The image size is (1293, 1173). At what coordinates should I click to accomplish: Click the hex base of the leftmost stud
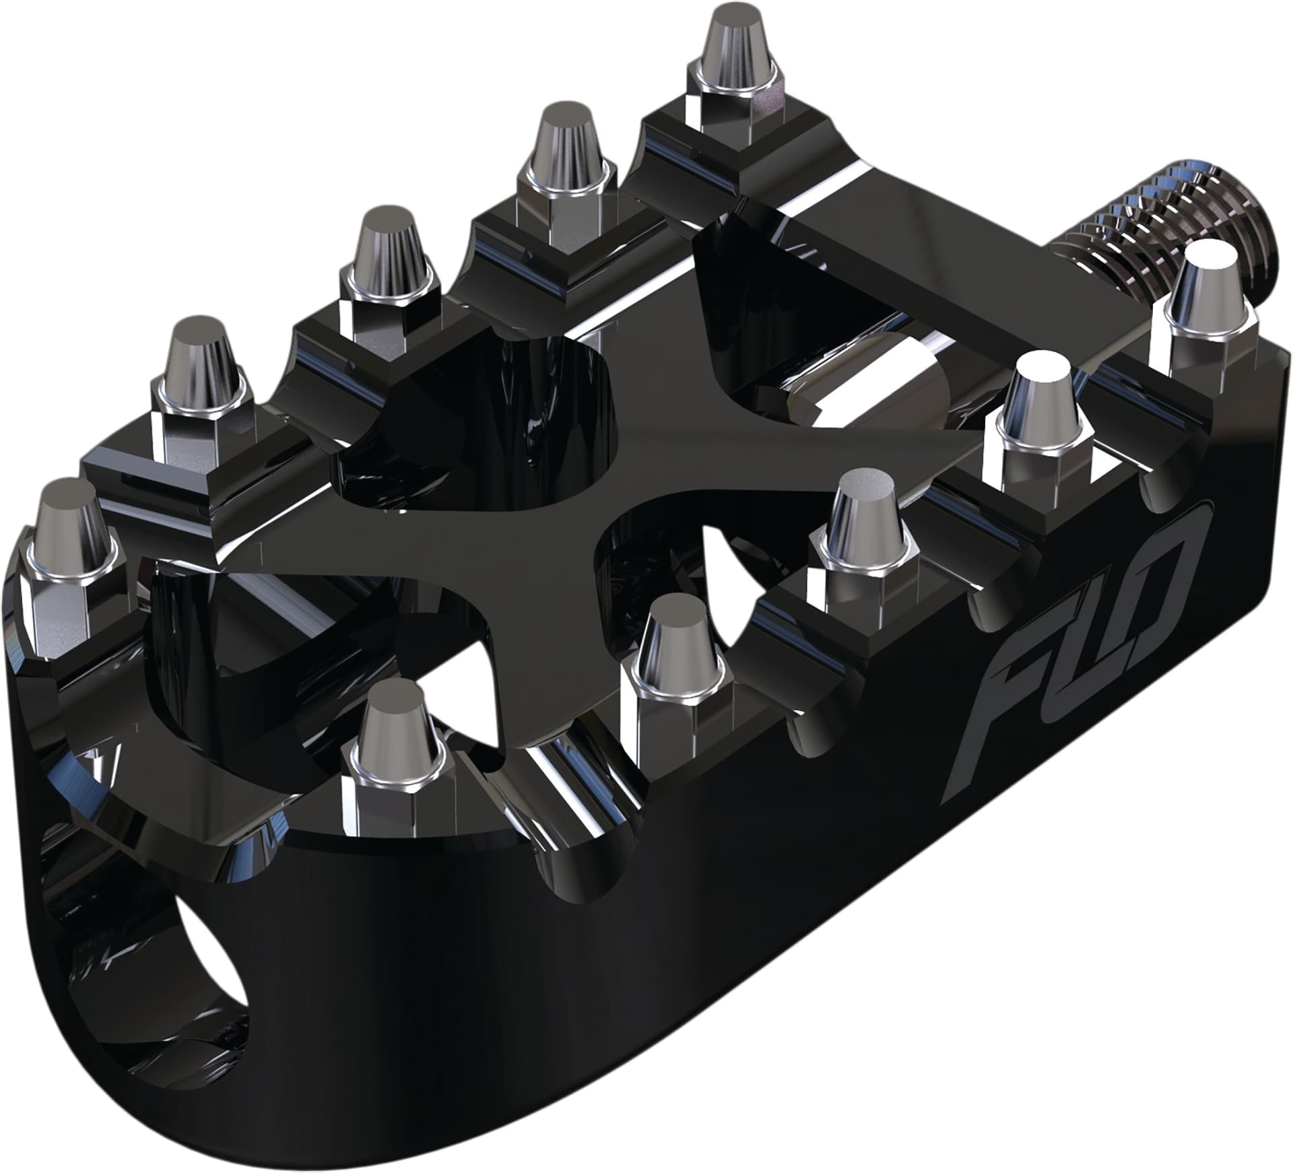point(64,606)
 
